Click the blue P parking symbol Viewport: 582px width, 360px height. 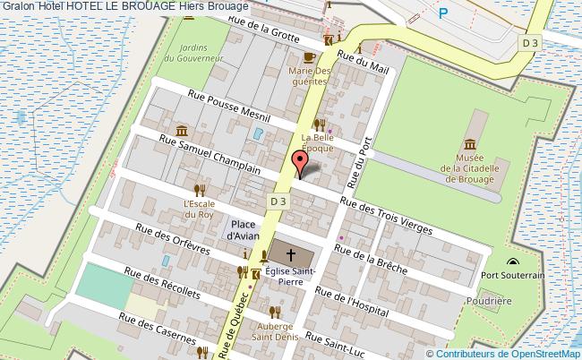tap(442, 14)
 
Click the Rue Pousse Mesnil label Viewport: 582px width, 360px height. tap(229, 106)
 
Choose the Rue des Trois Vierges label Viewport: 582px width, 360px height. tap(393, 217)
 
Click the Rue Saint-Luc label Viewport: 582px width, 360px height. tap(337, 345)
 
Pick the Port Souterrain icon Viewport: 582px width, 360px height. tap(512, 263)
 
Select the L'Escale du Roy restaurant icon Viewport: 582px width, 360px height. tap(201, 189)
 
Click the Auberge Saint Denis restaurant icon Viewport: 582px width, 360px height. tap(276, 311)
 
